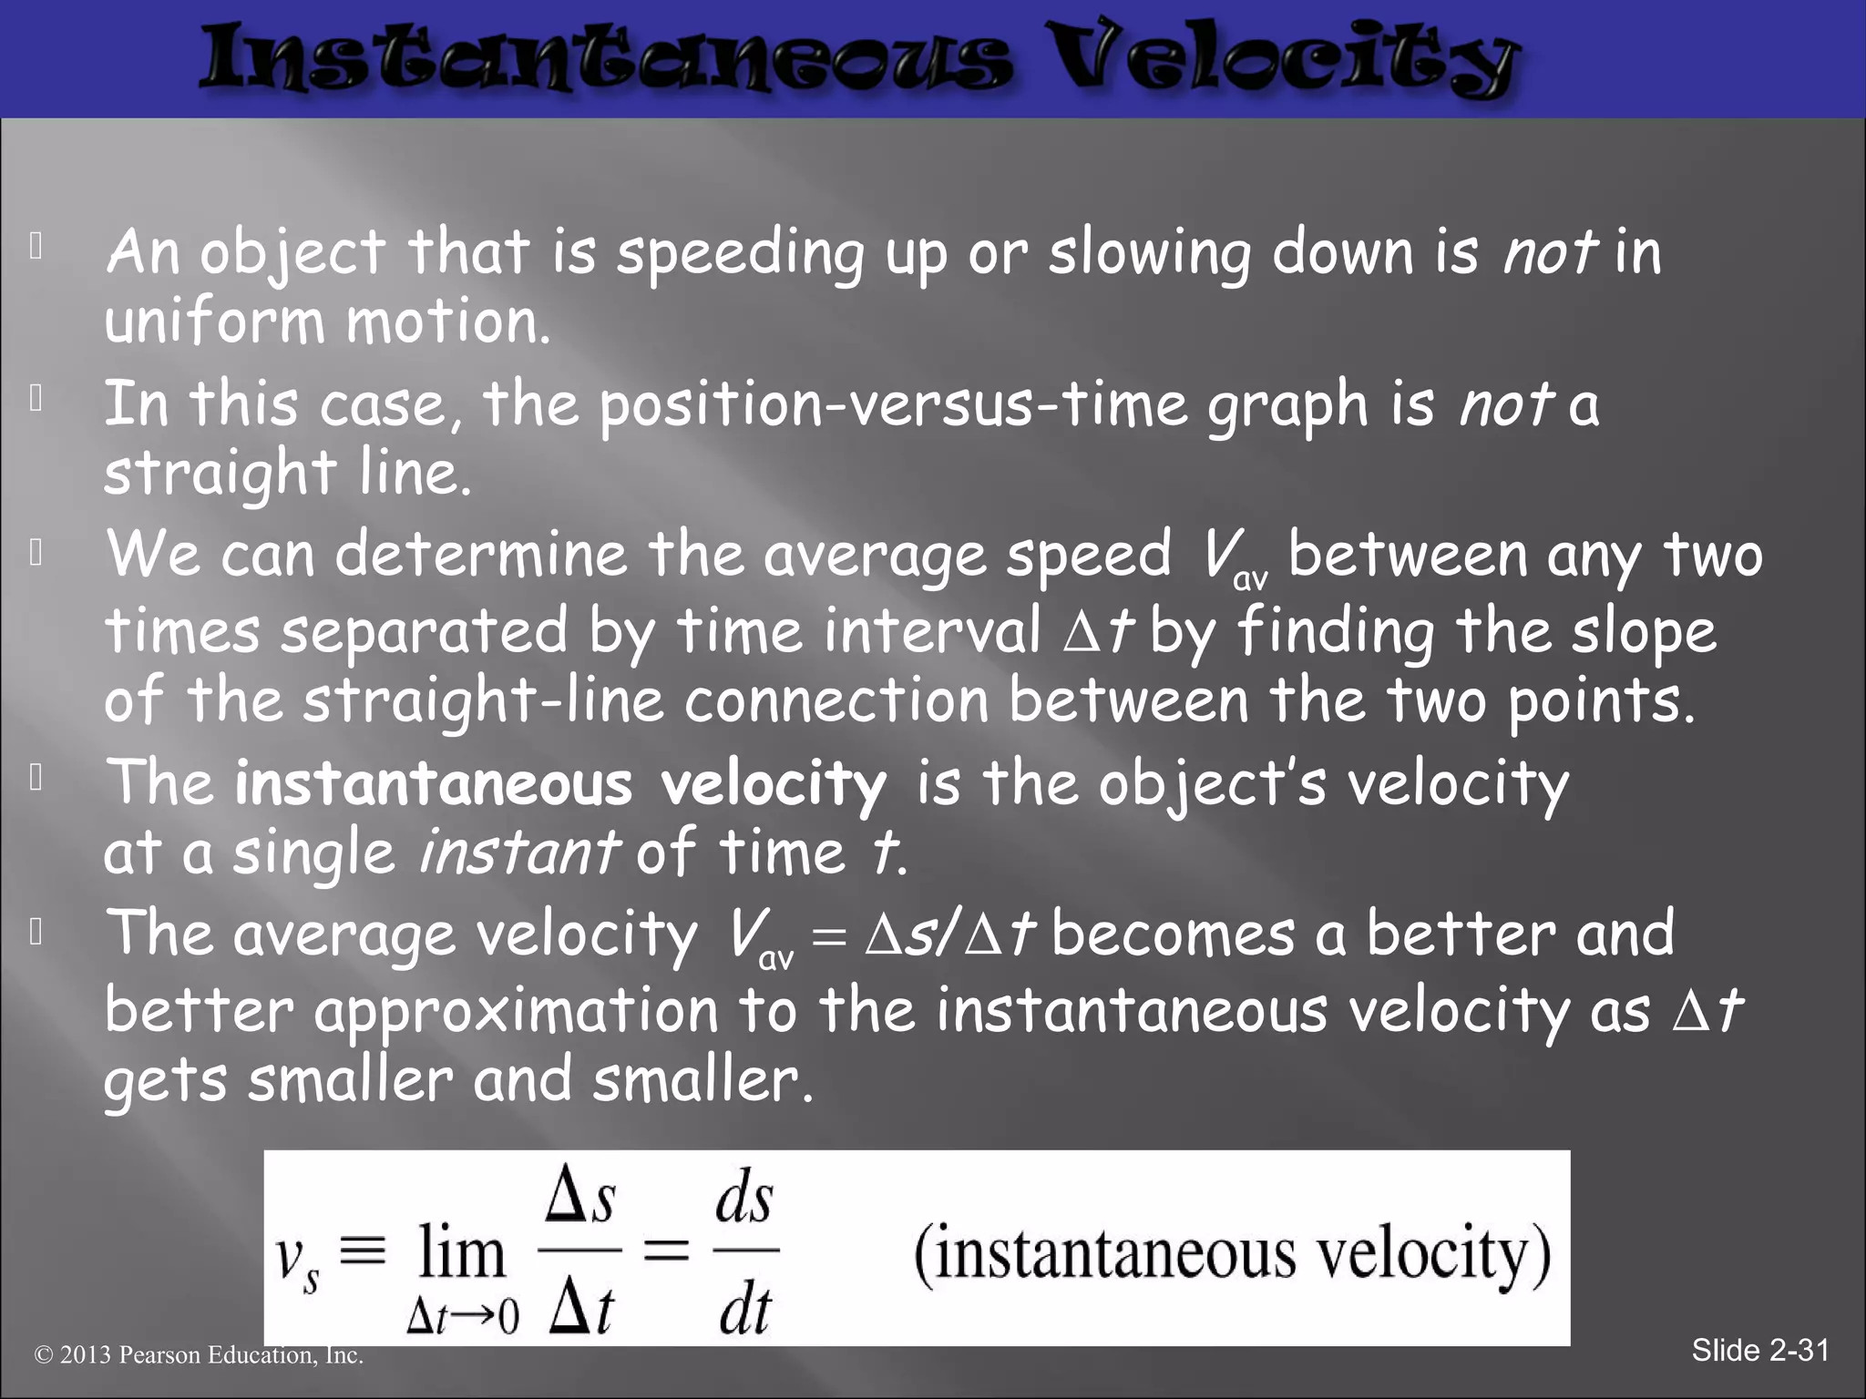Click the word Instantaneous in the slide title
pos(606,60)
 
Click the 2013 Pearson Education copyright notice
pos(199,1355)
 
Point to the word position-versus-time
pos(893,405)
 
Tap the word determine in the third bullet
pos(481,555)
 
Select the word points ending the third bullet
pos(1601,702)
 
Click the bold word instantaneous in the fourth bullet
pos(433,784)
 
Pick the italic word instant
pos(518,853)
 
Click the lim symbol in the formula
pos(461,1253)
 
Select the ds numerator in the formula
pos(744,1200)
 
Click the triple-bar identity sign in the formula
pos(363,1250)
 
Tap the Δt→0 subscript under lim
pos(462,1315)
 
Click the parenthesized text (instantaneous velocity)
pos(1232,1255)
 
